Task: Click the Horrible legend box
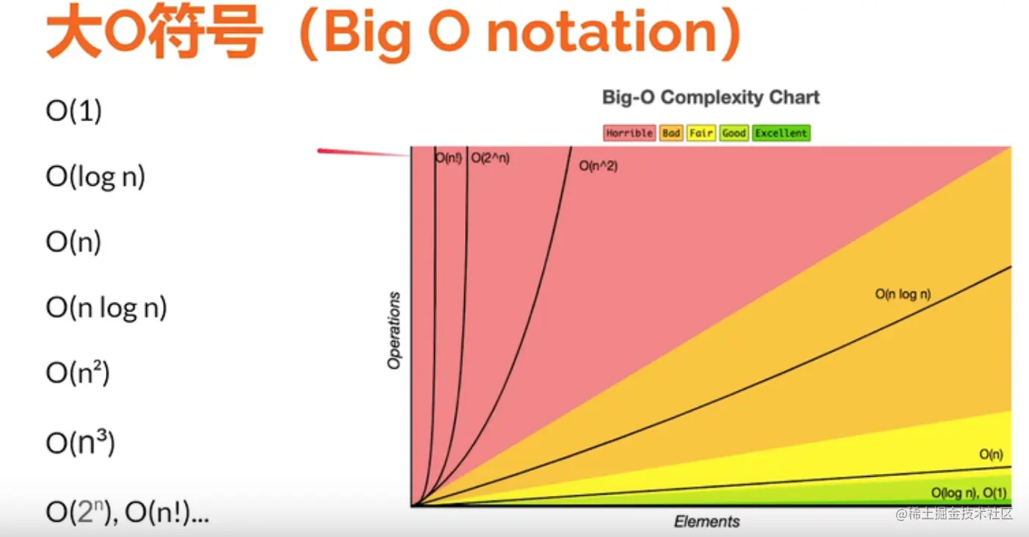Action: (x=629, y=133)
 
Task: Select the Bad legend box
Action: (x=671, y=133)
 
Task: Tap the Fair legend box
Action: (x=701, y=133)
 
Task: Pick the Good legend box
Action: (x=734, y=133)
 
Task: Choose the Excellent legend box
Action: (x=781, y=133)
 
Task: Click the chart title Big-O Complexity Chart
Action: (x=711, y=98)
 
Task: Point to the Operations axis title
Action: (x=394, y=331)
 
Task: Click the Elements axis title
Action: (x=707, y=522)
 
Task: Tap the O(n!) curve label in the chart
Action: (x=448, y=158)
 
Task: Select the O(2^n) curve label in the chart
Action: (x=490, y=158)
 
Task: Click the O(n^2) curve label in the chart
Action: (x=598, y=166)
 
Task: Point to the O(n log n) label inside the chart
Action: (x=903, y=294)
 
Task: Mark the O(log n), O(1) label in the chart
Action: (x=969, y=493)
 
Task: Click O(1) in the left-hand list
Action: (x=73, y=111)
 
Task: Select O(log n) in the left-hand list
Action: (x=95, y=176)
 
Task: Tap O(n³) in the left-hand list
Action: (x=80, y=442)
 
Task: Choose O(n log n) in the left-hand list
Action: (x=106, y=307)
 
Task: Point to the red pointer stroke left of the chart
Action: (x=363, y=153)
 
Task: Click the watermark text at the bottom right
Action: (x=954, y=513)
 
